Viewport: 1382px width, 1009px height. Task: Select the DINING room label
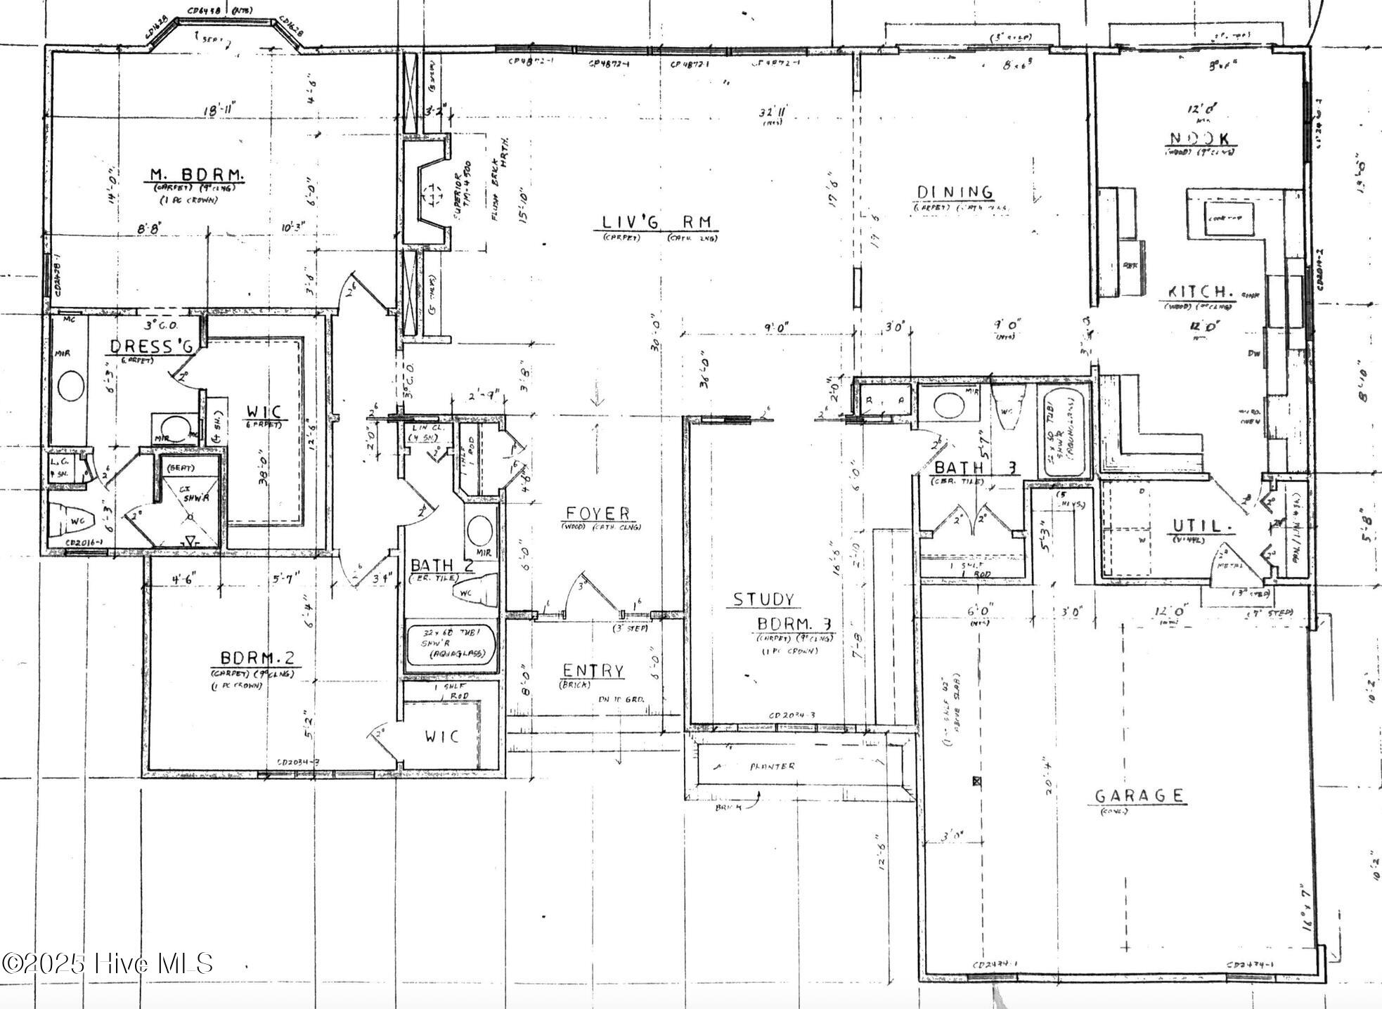click(955, 192)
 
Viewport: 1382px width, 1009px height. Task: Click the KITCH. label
click(1200, 292)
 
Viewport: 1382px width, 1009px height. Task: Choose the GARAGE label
click(1139, 795)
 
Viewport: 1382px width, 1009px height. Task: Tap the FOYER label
click(598, 514)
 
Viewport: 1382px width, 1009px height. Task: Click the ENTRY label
click(593, 671)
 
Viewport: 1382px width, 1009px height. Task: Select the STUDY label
click(763, 599)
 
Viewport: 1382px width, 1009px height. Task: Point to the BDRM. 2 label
click(256, 658)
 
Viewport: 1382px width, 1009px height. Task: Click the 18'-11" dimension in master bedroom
click(219, 110)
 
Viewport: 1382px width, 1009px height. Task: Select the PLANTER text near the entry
click(772, 766)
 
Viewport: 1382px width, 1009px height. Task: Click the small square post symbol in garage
click(976, 781)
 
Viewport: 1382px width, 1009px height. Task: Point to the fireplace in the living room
click(428, 192)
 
